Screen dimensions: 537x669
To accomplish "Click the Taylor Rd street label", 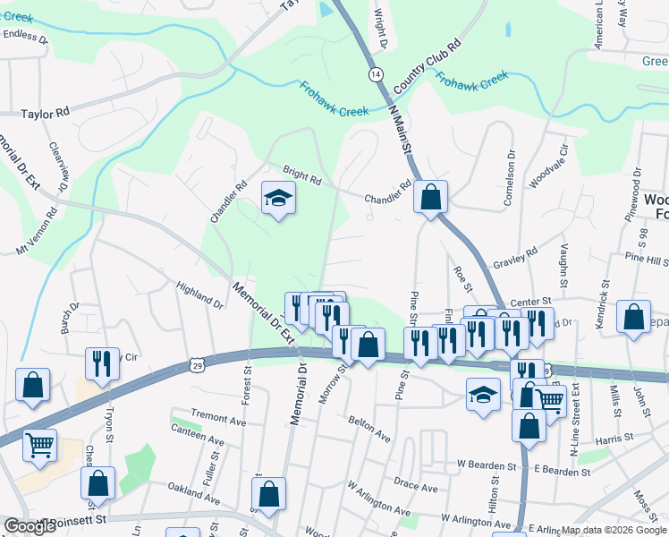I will (x=45, y=115).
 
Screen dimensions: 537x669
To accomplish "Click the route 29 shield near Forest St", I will (x=197, y=364).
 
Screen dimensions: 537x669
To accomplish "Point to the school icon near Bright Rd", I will (x=278, y=200).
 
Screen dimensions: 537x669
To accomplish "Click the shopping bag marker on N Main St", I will (x=431, y=198).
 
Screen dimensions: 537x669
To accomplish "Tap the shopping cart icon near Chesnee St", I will (x=39, y=444).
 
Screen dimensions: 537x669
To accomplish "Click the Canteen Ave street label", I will (x=204, y=439).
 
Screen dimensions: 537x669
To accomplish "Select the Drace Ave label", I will (x=416, y=487).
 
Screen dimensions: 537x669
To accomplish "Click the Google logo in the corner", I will (x=30, y=526).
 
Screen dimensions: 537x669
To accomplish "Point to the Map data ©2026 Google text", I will (x=614, y=530).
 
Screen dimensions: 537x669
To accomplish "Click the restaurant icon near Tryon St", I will (x=101, y=363).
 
